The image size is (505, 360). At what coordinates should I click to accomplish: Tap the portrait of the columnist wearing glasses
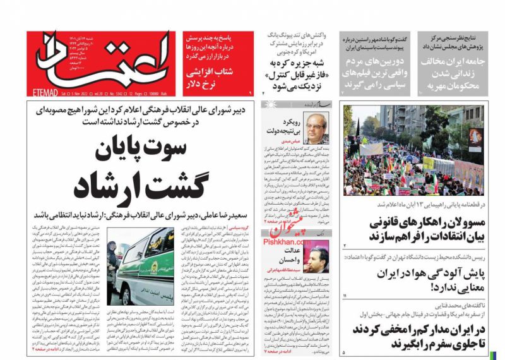click(x=316, y=129)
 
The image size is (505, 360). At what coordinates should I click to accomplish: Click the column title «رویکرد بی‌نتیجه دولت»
click(x=288, y=127)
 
